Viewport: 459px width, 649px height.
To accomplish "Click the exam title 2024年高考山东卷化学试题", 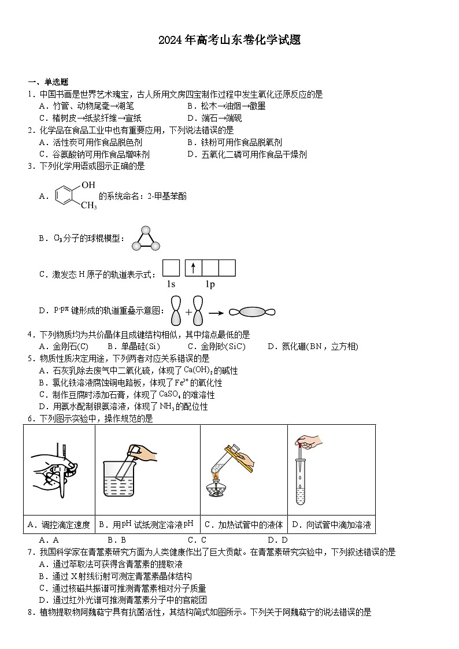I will pos(229,40).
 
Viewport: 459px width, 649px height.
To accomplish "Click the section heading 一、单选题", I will pos(48,82).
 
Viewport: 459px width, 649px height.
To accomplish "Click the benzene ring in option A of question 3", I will pos(65,195).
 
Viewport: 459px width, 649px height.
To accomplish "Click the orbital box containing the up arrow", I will pos(194,268).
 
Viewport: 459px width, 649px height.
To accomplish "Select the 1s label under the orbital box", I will pos(171,284).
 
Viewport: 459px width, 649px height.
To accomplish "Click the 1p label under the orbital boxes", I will pos(210,284).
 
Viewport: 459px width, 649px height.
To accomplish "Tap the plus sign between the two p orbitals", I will pos(188,312).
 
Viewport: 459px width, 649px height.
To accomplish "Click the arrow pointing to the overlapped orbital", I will pos(216,313).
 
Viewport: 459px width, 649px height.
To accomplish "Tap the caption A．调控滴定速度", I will pos(59,525).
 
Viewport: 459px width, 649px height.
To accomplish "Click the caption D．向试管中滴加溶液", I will pos(331,525).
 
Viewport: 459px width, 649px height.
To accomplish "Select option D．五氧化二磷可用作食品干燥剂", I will pos(247,154).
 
